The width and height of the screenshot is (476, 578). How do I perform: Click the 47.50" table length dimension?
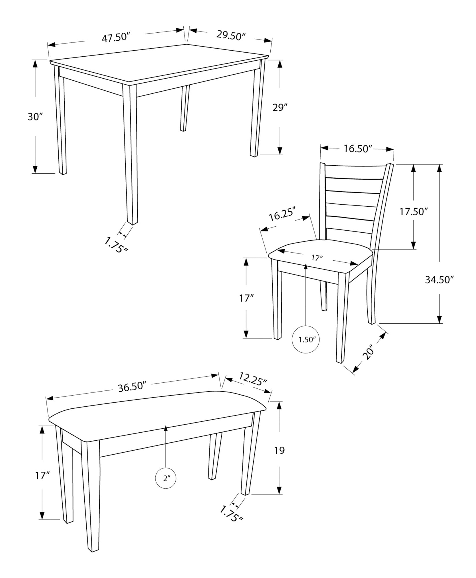[x=116, y=38]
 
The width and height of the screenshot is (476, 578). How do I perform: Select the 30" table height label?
[x=35, y=117]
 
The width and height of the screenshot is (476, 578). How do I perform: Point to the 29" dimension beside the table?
[x=280, y=108]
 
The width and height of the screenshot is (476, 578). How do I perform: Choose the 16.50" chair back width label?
[x=357, y=149]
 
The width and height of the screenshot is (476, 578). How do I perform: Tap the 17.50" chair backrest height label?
[x=413, y=212]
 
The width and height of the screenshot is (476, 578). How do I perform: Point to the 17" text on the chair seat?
[x=317, y=258]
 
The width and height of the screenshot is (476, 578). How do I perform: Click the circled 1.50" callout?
[x=306, y=340]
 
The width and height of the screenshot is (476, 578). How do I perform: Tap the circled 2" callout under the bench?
[x=166, y=479]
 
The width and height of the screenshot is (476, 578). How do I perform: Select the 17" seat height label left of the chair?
[x=246, y=298]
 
